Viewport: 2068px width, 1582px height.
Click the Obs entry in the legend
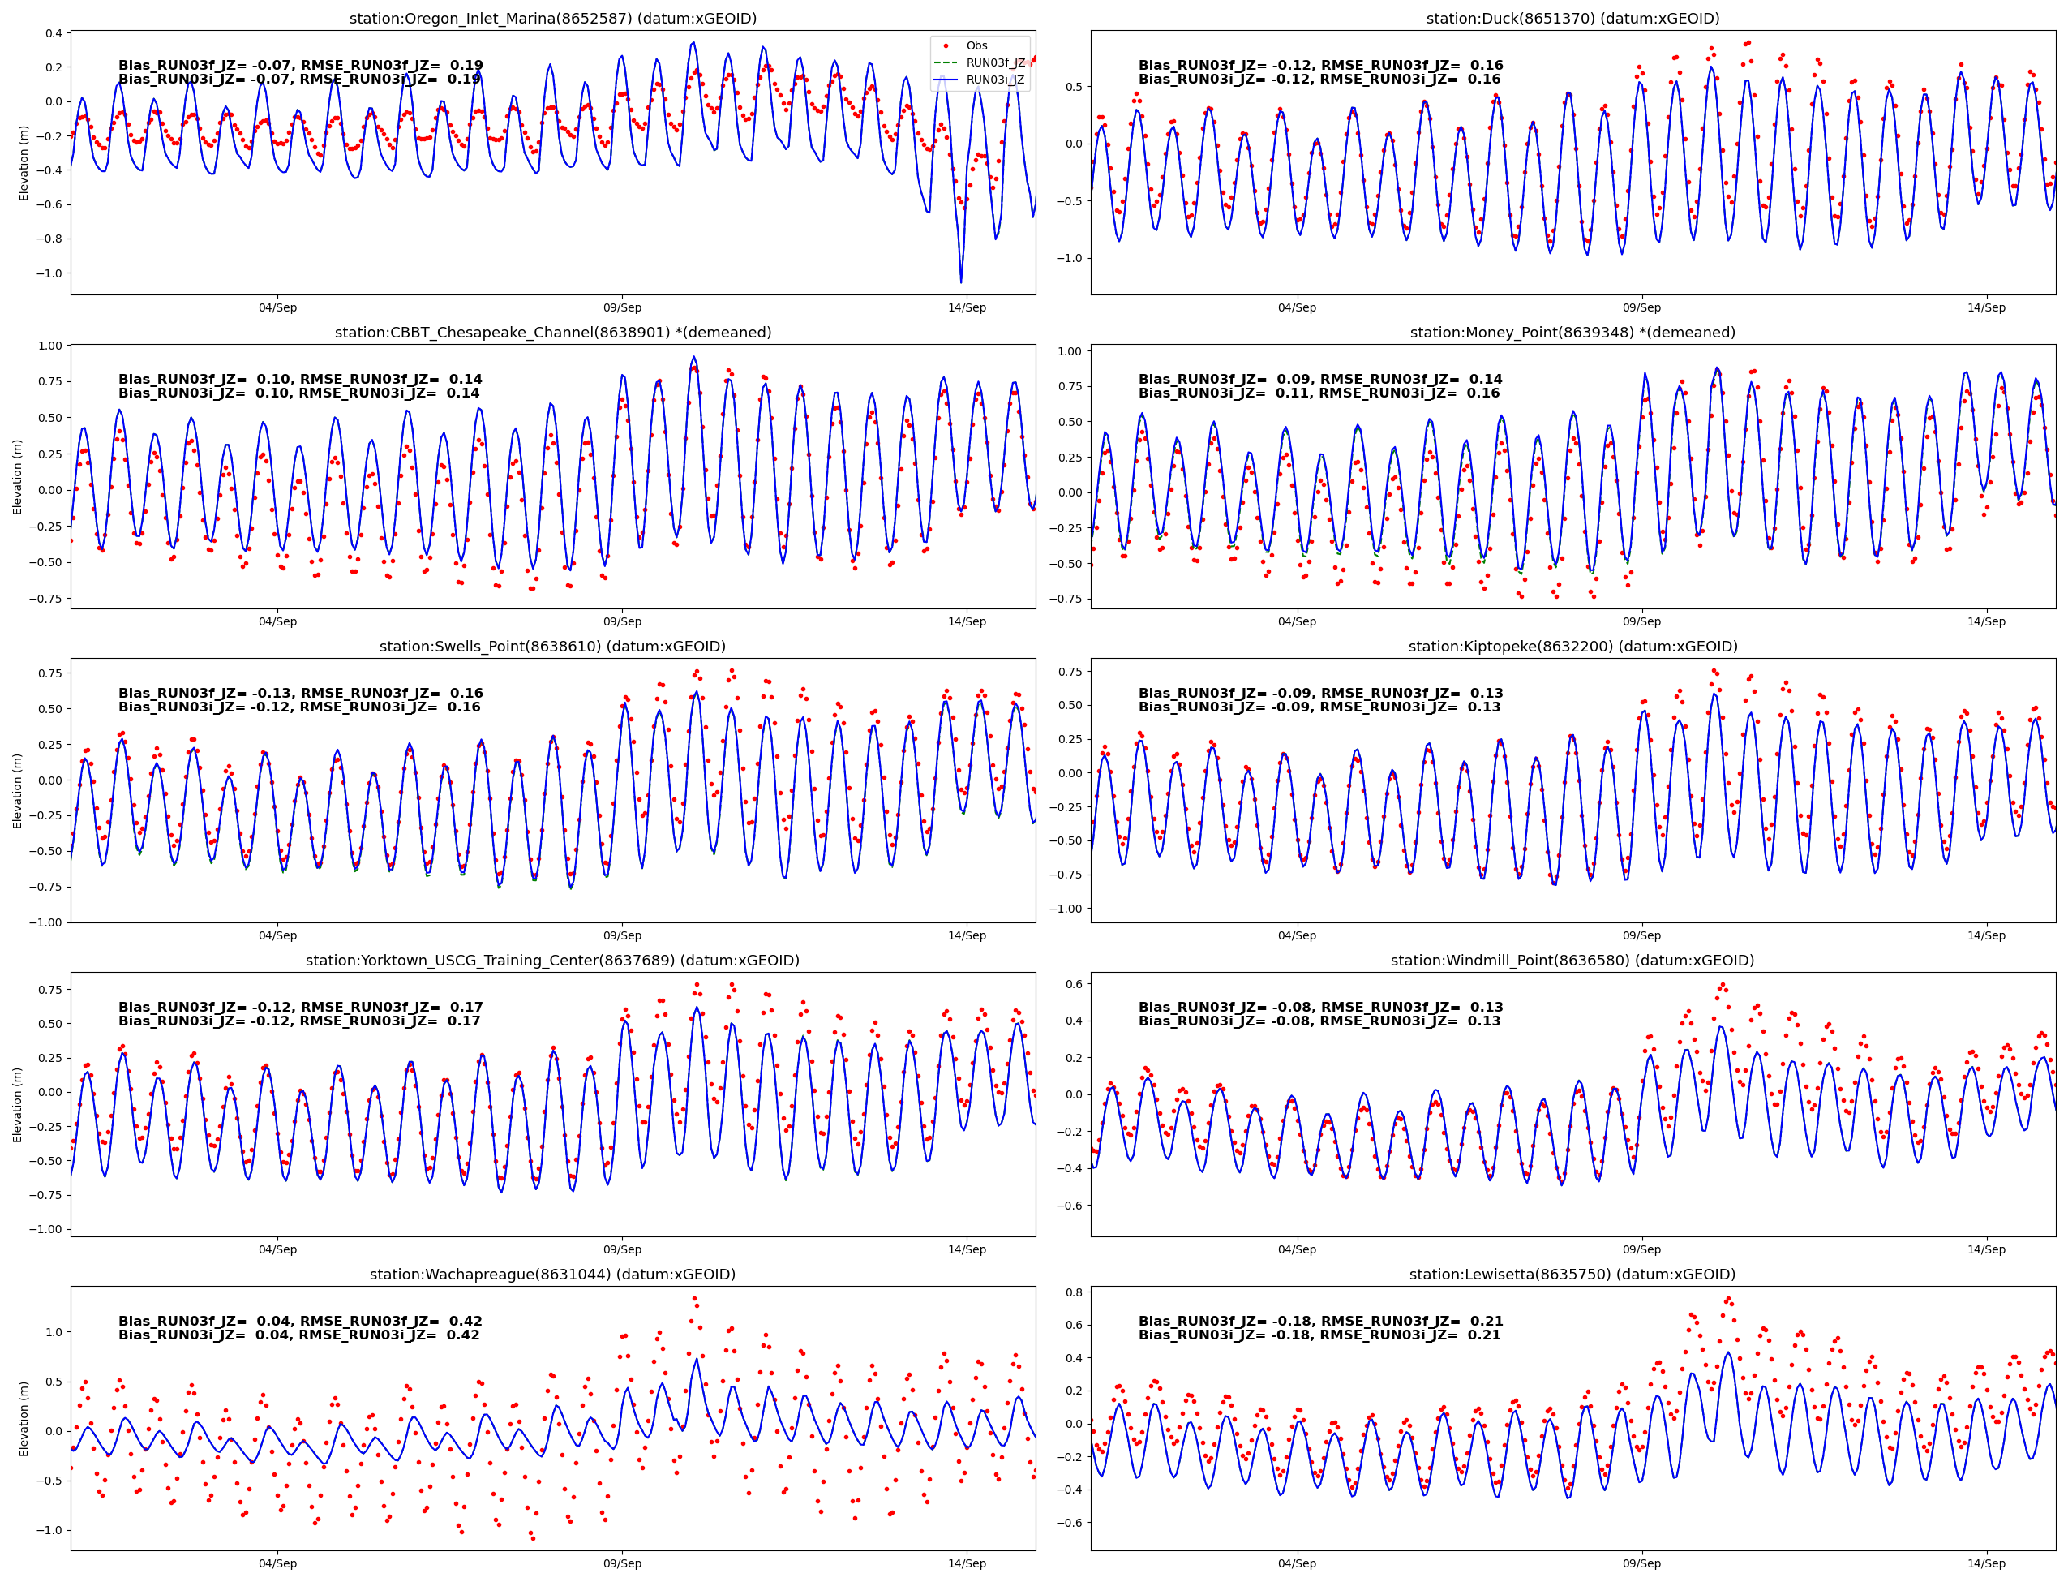click(x=976, y=45)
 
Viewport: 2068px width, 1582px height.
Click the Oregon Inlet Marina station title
click(x=552, y=18)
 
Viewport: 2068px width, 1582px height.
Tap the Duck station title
click(x=1572, y=18)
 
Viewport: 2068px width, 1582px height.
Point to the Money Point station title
click(x=1572, y=333)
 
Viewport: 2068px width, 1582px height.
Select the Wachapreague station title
click(x=552, y=1274)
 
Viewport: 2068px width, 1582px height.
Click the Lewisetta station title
click(x=1572, y=1274)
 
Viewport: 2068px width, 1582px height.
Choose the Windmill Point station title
click(x=1572, y=961)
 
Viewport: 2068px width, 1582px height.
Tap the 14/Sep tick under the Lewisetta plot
click(x=1985, y=1563)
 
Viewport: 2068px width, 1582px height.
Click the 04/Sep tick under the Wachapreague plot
click(x=277, y=1563)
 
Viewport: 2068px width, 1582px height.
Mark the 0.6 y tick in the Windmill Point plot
click(x=1074, y=984)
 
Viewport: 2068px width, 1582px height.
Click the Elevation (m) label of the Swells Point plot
click(x=17, y=790)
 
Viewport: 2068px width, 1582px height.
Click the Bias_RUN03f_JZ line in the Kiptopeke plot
click(x=1319, y=693)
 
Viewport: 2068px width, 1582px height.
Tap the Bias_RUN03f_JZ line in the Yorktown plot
click(x=300, y=1007)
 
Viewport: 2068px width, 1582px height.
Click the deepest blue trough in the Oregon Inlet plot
click(x=961, y=282)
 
